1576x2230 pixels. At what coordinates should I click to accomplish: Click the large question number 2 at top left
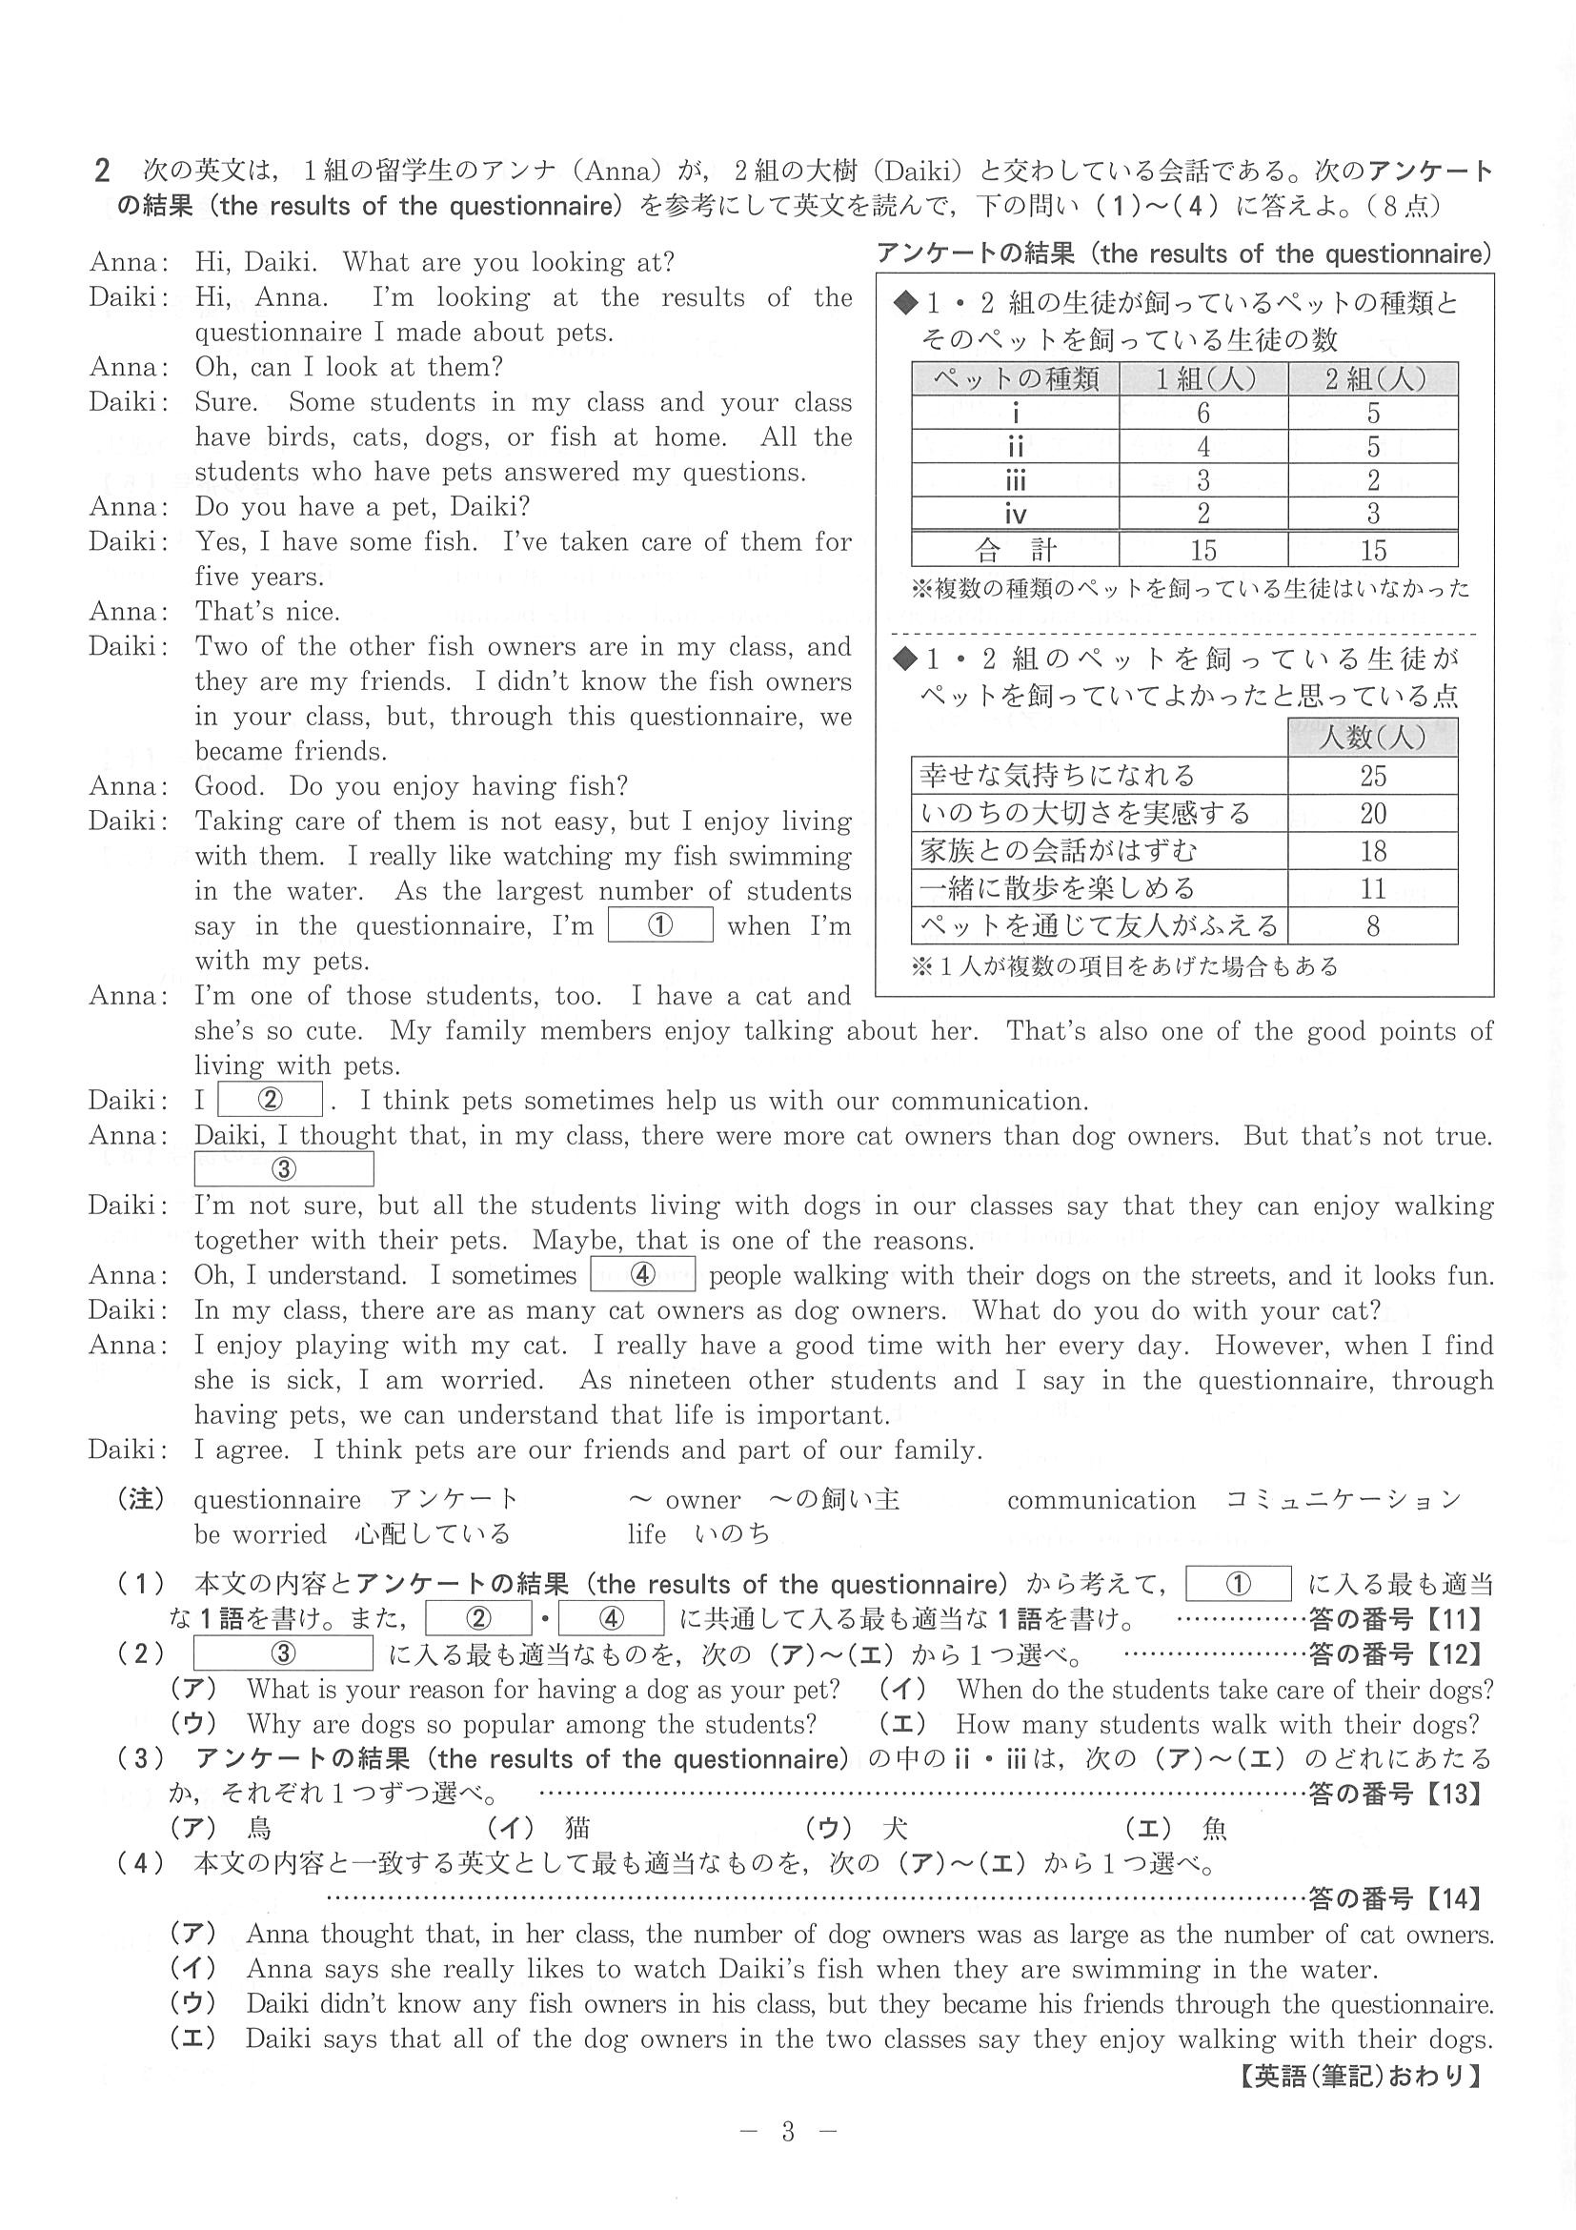[101, 172]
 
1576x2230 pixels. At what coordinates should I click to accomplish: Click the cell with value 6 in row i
[1203, 413]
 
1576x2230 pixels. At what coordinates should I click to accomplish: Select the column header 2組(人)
[1373, 378]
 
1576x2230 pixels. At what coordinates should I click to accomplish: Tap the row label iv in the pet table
[1015, 514]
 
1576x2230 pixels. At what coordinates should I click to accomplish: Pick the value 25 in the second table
[1372, 776]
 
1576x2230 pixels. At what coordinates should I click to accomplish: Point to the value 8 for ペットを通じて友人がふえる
[1372, 926]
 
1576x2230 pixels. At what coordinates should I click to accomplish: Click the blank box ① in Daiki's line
[659, 924]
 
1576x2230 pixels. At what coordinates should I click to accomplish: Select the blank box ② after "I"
[270, 1100]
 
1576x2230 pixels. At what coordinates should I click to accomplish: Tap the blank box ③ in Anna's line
[284, 1169]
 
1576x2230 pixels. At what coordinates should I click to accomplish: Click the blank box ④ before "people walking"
[642, 1274]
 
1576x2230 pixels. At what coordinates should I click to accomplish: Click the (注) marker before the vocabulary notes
[141, 1500]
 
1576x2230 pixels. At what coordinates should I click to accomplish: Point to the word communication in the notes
[1101, 1501]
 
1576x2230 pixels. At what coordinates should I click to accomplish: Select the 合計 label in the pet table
[1015, 551]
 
